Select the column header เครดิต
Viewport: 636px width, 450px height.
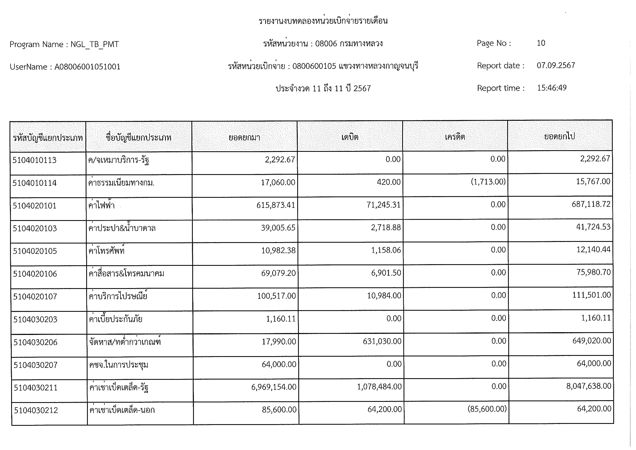pyautogui.click(x=455, y=137)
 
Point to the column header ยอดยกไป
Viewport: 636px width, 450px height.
pyautogui.click(x=560, y=136)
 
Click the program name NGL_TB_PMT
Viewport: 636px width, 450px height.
pyautogui.click(x=95, y=44)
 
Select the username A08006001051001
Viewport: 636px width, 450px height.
pyautogui.click(x=87, y=67)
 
